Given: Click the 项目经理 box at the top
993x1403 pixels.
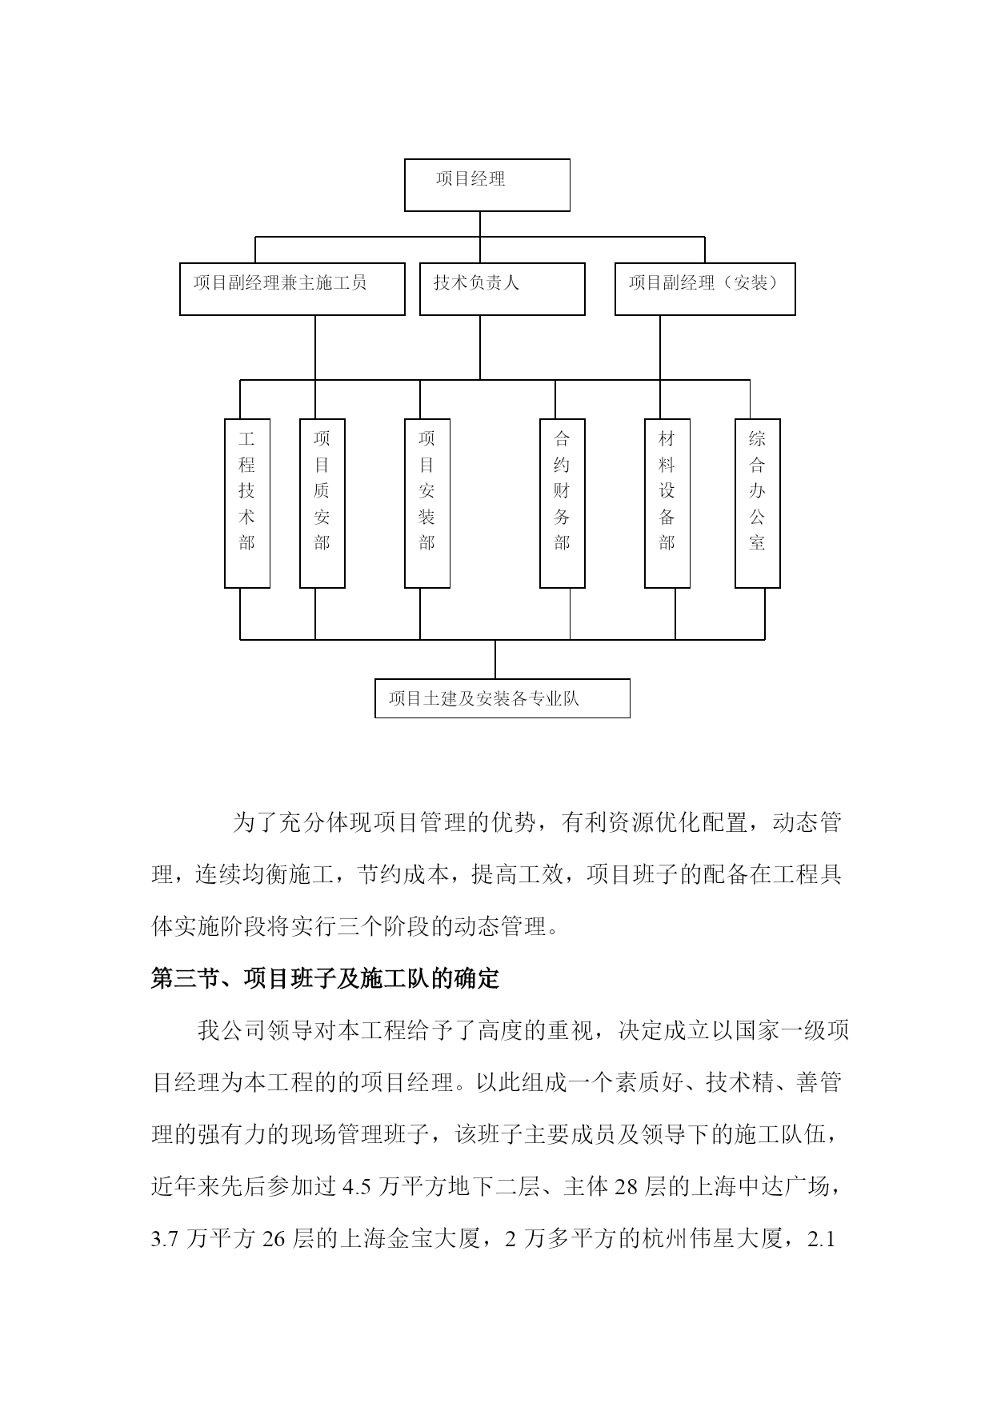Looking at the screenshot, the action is [x=486, y=185].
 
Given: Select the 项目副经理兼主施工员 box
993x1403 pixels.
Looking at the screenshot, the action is [x=292, y=289].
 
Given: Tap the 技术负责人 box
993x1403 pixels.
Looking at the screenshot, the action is [x=502, y=289].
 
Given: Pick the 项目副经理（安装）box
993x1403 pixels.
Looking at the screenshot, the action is [x=705, y=289].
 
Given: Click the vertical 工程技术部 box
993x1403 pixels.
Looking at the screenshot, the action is [x=246, y=503].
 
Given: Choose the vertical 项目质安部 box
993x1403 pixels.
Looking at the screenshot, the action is [x=322, y=503].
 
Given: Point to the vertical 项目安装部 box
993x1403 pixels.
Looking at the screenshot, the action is [x=426, y=503].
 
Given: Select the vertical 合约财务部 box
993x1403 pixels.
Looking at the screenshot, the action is [x=562, y=503].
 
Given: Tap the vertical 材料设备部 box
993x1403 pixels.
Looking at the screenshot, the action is [x=667, y=503].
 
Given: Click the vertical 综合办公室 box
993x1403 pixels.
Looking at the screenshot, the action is [x=757, y=503].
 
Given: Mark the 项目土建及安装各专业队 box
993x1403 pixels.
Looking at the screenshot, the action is [x=502, y=698].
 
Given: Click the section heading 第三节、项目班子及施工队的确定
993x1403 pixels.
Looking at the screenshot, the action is [x=325, y=978].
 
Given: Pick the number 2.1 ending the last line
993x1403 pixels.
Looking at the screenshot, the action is [x=823, y=1240].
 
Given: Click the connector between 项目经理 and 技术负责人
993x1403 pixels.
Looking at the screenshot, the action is [x=480, y=237].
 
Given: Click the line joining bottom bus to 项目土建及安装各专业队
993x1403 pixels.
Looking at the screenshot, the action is [x=495, y=659].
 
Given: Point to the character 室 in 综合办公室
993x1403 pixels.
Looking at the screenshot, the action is [x=757, y=543].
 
